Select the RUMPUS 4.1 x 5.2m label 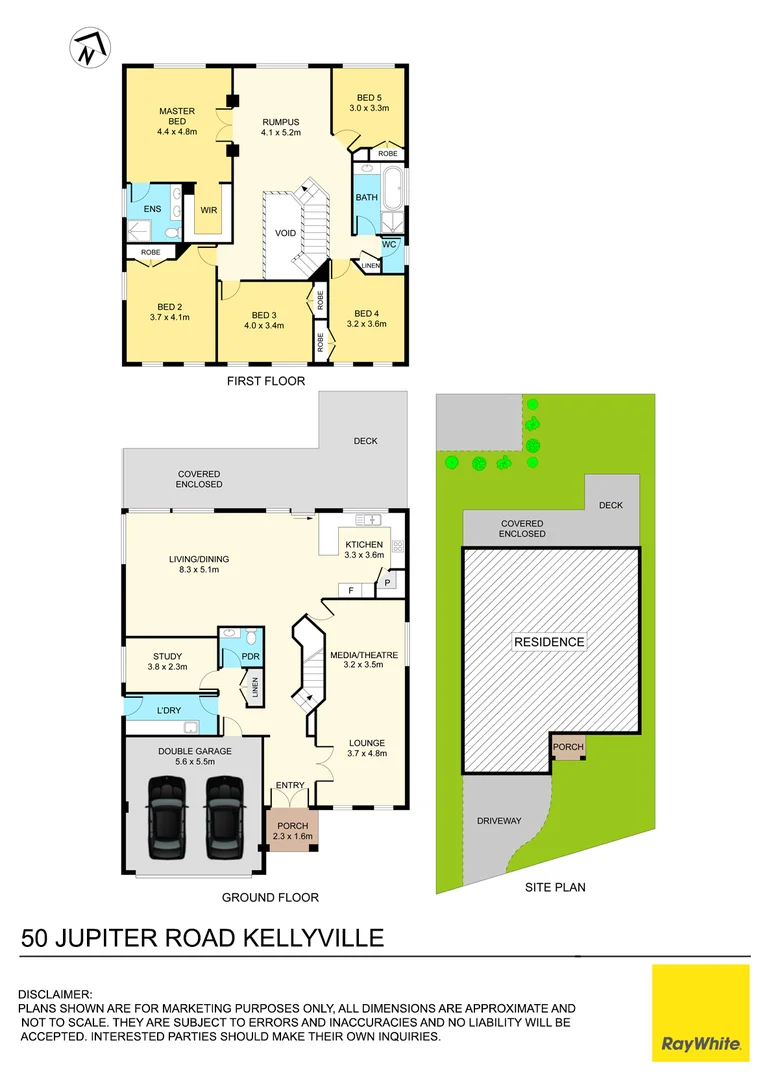click(281, 127)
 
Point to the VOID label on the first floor click(286, 232)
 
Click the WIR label click(209, 210)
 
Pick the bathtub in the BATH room click(393, 189)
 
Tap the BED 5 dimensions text click(368, 108)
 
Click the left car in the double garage click(166, 817)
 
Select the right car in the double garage click(225, 817)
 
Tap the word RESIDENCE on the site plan click(550, 642)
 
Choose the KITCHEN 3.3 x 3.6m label click(364, 549)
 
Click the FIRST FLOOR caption click(265, 381)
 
